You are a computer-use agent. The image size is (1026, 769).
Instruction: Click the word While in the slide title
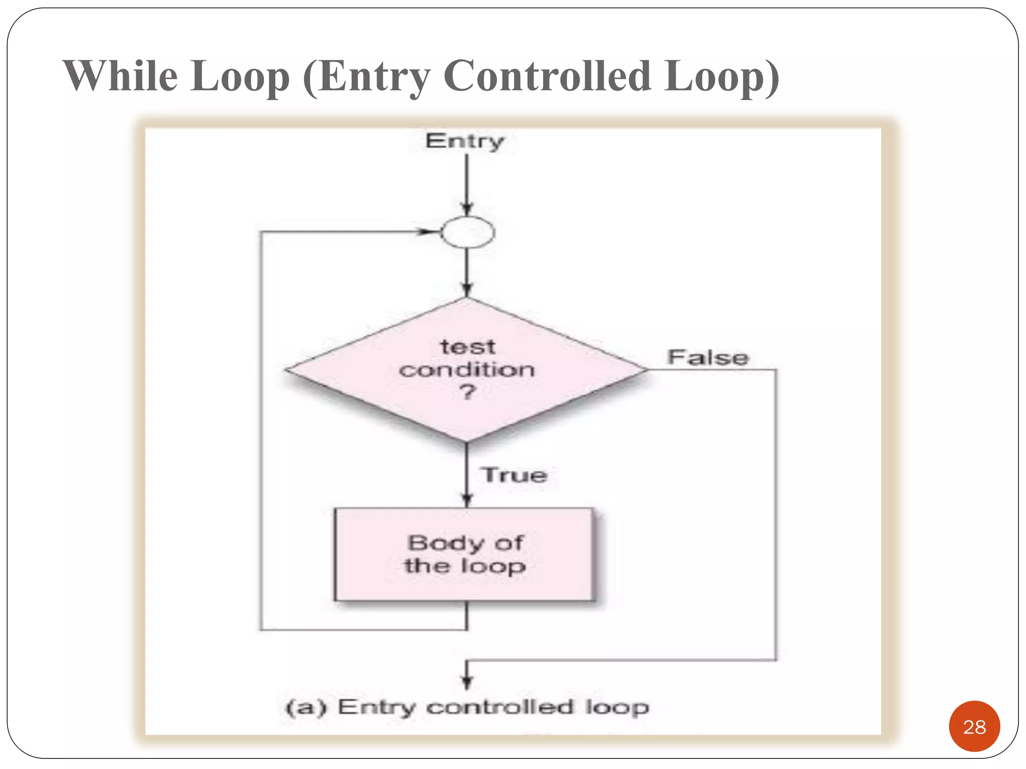(x=120, y=76)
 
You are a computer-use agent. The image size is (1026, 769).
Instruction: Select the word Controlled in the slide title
(x=547, y=76)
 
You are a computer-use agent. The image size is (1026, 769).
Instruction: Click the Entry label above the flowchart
(x=464, y=142)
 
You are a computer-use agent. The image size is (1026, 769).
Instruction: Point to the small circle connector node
(x=467, y=232)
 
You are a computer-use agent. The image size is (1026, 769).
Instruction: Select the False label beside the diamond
(x=708, y=357)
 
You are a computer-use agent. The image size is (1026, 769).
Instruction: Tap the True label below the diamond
(x=514, y=475)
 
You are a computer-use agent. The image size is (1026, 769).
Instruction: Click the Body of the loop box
(x=464, y=554)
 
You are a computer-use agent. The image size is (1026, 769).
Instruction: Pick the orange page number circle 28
(x=974, y=726)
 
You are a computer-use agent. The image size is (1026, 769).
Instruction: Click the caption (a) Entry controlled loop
(x=467, y=707)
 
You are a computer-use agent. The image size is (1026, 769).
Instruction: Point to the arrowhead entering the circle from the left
(x=429, y=232)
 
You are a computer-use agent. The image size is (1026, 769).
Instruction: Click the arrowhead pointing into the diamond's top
(x=467, y=290)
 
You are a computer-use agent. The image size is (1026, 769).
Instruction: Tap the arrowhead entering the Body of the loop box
(x=467, y=500)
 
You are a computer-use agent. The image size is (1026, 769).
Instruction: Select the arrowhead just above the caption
(x=467, y=682)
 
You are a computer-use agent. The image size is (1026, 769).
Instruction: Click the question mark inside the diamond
(x=467, y=392)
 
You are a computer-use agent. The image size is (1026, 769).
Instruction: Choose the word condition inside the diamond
(x=467, y=370)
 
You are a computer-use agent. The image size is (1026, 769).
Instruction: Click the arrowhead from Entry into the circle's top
(x=467, y=209)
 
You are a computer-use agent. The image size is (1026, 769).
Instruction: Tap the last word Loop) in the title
(x=721, y=76)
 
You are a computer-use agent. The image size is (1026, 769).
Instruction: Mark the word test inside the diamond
(x=467, y=347)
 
